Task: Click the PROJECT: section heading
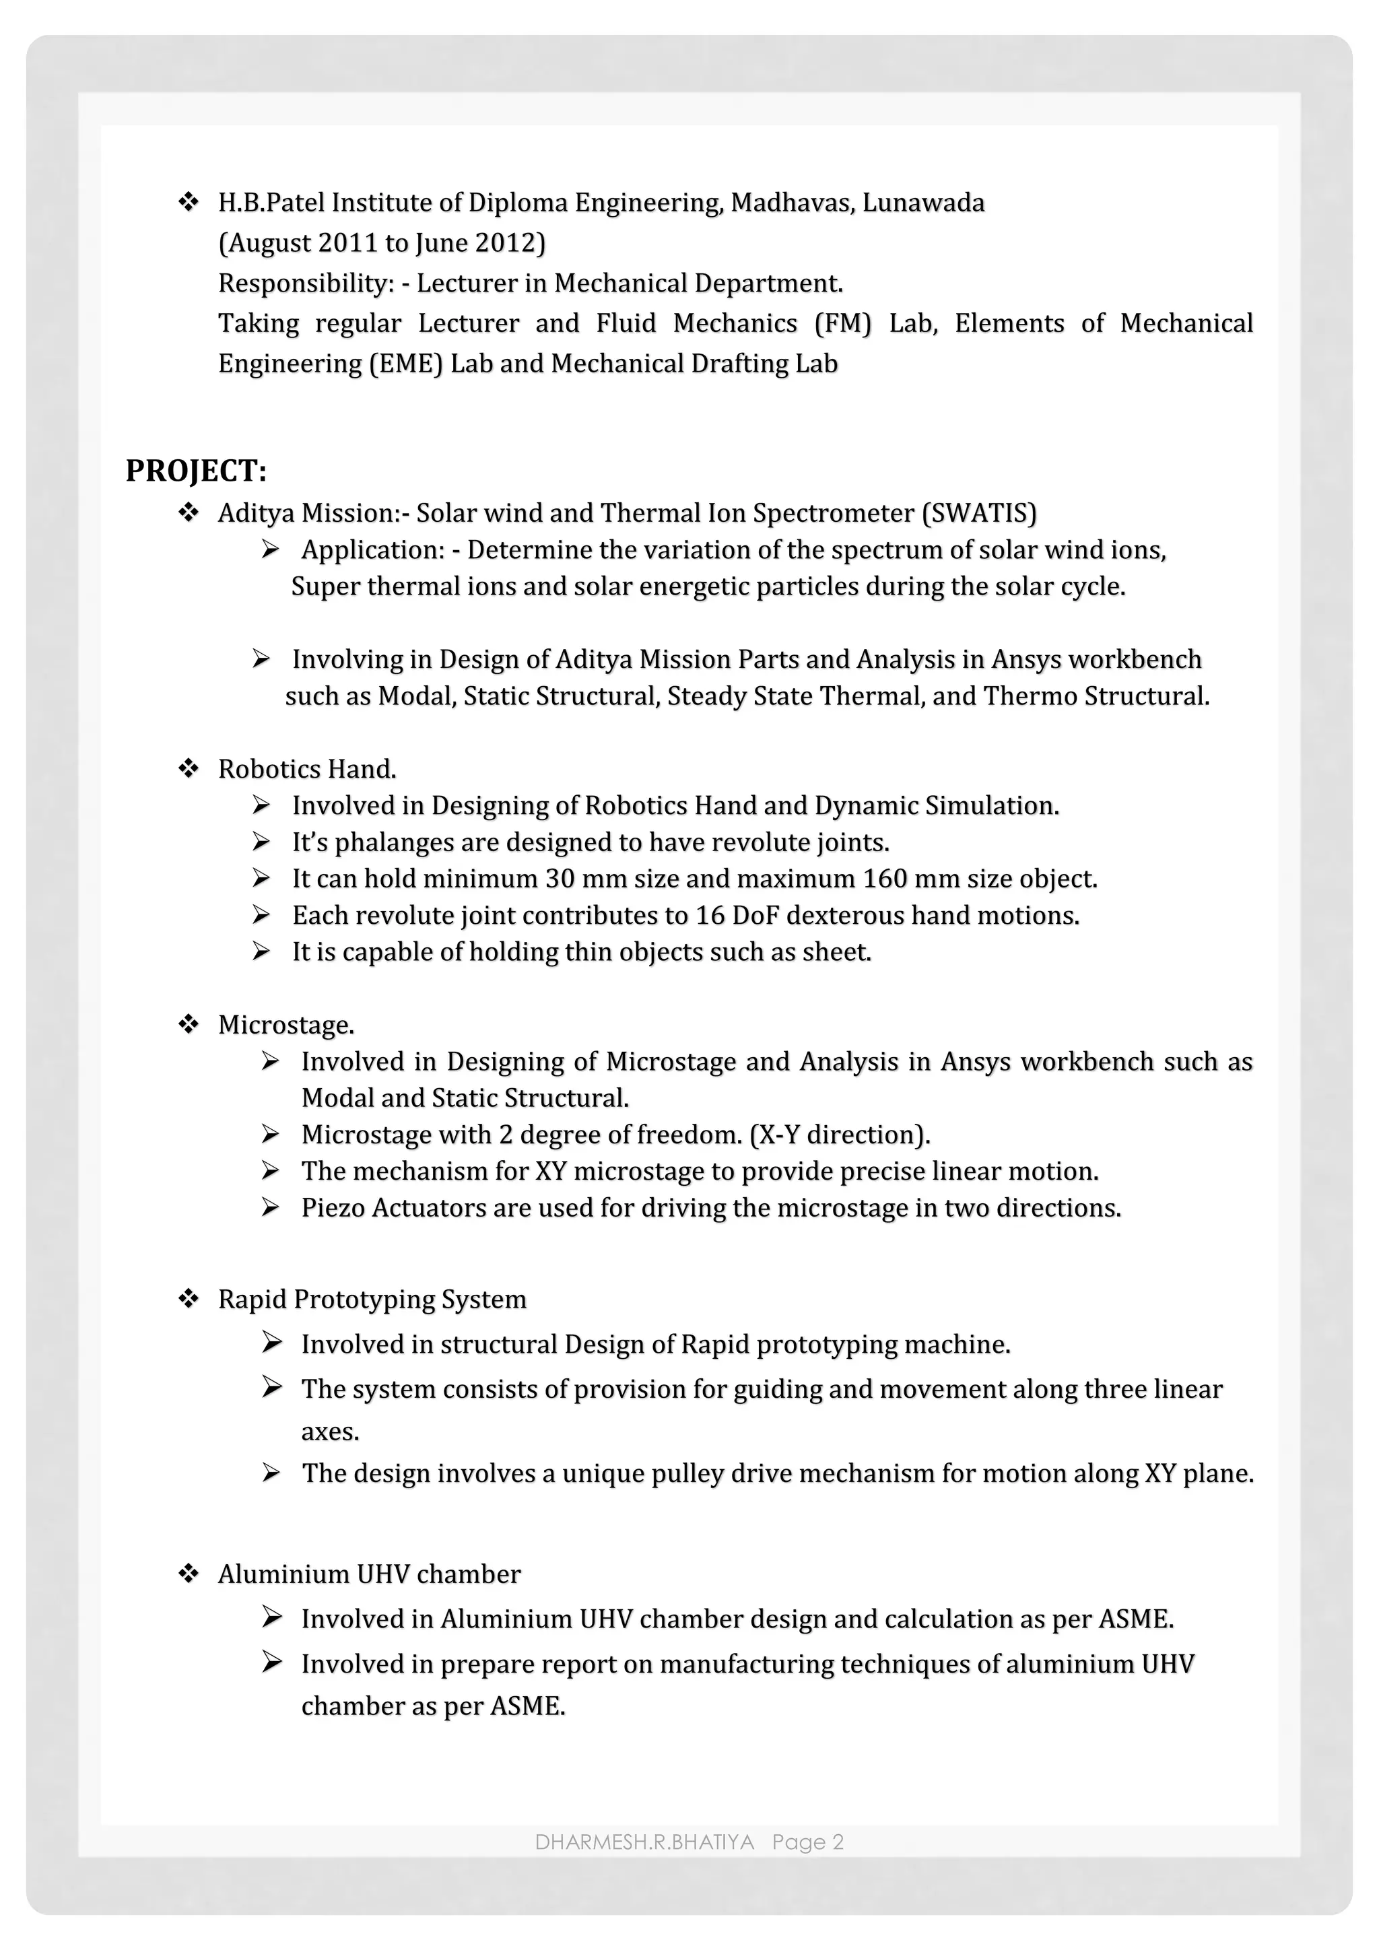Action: [x=196, y=471]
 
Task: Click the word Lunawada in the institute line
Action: [x=923, y=203]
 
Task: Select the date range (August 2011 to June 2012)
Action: [x=381, y=244]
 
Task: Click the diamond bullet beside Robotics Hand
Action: [x=188, y=768]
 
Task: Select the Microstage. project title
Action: [x=285, y=1025]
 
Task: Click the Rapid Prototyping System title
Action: [x=372, y=1300]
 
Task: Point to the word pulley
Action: [x=687, y=1473]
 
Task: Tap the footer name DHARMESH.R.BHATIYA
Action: [x=644, y=1842]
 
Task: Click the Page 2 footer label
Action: [x=807, y=1842]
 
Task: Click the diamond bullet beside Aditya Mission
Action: [x=188, y=512]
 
